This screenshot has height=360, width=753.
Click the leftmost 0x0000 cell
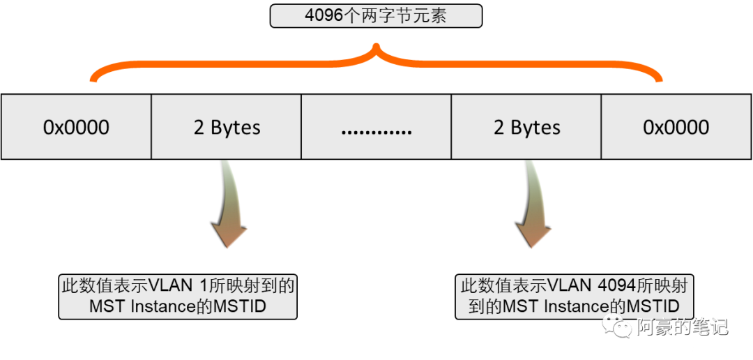pos(76,127)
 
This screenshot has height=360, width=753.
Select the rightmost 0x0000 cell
pos(676,127)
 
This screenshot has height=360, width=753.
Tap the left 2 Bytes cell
pos(227,127)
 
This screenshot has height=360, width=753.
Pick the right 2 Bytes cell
pos(527,127)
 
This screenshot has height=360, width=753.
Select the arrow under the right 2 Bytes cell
pos(533,206)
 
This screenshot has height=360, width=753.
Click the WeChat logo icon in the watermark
pos(618,325)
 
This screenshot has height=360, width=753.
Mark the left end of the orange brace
pos(93,77)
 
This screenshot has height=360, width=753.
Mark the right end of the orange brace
pos(660,77)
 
